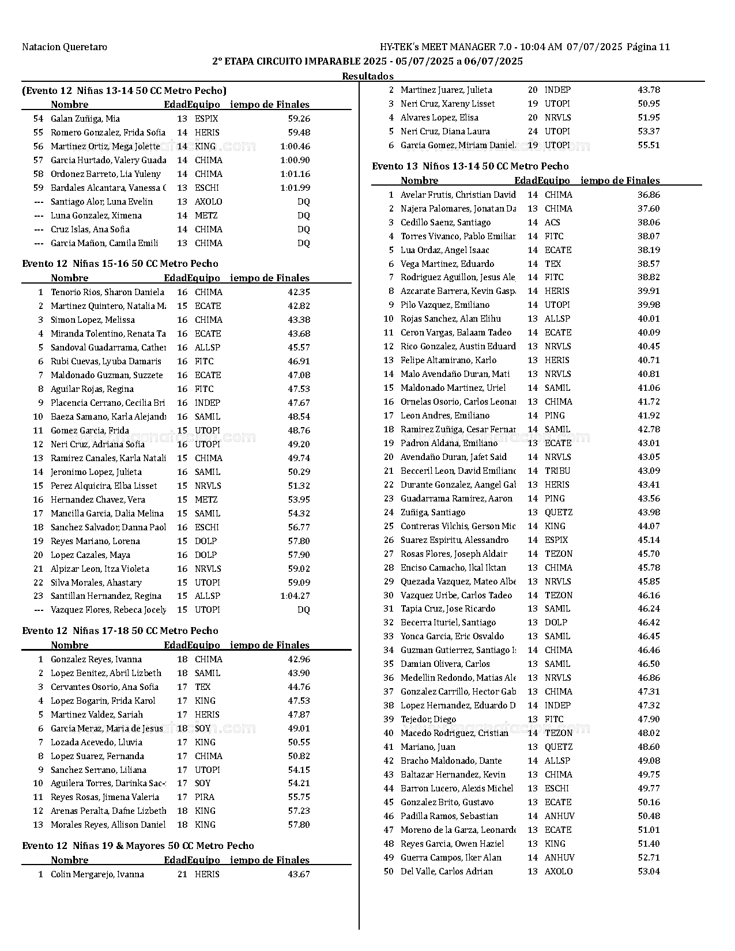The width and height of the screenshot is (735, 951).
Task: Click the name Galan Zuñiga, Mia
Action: point(85,119)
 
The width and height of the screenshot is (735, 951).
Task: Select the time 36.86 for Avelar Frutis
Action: point(649,195)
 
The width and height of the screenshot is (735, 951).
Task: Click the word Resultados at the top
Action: point(367,76)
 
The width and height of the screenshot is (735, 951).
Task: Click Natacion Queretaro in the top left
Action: point(65,47)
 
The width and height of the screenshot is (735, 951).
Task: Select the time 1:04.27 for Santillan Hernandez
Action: point(295,596)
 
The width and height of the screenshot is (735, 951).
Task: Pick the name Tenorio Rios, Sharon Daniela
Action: point(107,292)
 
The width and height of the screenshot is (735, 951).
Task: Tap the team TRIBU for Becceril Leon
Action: point(557,471)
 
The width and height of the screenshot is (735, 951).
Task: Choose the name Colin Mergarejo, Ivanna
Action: point(97,874)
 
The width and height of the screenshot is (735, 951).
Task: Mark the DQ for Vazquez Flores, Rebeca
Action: point(303,610)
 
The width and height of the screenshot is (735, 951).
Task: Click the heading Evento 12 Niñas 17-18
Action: point(120,631)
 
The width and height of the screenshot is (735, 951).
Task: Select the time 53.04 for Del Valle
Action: point(649,871)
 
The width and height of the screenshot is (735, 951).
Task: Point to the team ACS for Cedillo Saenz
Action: point(552,222)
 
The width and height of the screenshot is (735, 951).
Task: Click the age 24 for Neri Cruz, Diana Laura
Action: point(533,131)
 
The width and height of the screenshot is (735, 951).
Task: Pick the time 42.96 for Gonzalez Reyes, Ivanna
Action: point(299,659)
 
